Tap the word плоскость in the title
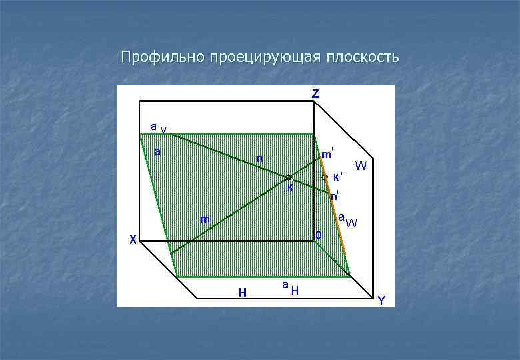(x=363, y=58)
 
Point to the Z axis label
(x=315, y=94)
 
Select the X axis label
(x=133, y=241)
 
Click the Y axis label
(x=381, y=301)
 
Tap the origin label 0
(x=319, y=235)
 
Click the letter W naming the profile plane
(x=360, y=165)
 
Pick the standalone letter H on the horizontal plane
(x=244, y=292)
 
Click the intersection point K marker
(x=289, y=177)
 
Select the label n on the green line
(x=259, y=159)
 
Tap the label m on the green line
(x=206, y=219)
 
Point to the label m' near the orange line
(x=328, y=155)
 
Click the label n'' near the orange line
(x=337, y=195)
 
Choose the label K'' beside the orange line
(x=339, y=177)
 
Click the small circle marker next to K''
(x=325, y=177)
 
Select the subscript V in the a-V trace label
(x=163, y=129)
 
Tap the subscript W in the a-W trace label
(x=351, y=223)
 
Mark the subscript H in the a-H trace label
(x=294, y=290)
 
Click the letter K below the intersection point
(x=290, y=189)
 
